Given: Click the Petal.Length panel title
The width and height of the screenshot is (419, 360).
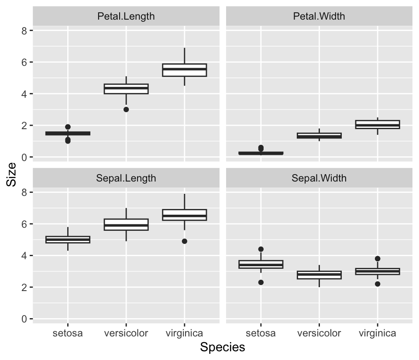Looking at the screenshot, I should click(126, 17).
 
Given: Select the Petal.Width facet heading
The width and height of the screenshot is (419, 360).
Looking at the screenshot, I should click(319, 17).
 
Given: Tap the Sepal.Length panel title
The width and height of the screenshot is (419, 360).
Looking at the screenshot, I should click(126, 178).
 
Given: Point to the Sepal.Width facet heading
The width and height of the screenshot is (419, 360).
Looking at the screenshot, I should click(319, 178).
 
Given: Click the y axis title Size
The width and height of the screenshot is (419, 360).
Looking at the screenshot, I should click(12, 175).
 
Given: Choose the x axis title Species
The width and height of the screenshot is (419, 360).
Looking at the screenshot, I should click(223, 347).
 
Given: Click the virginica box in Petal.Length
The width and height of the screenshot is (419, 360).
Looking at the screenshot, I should click(185, 70).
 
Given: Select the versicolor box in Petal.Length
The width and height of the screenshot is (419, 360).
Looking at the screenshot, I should click(126, 89).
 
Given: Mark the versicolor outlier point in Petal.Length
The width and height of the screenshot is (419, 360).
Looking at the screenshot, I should click(126, 110).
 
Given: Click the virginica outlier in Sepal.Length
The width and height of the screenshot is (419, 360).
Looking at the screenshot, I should click(185, 241).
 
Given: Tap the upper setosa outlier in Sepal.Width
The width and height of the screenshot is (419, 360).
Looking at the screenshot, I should click(261, 249).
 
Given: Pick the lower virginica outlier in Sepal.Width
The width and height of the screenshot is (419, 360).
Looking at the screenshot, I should click(378, 284).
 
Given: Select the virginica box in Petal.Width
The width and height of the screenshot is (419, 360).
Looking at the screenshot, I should click(378, 124).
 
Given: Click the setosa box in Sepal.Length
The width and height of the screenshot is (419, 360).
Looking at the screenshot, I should click(68, 240).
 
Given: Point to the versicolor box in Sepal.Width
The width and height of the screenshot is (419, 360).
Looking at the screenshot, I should click(319, 275).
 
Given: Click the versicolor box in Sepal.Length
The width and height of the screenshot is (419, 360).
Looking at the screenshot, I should click(126, 225).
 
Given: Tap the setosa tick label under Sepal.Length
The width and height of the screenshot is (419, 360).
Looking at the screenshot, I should click(68, 334).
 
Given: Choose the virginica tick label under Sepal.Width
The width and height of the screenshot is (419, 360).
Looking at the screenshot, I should click(378, 334).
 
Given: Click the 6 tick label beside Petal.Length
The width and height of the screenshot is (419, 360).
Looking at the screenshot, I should click(25, 62).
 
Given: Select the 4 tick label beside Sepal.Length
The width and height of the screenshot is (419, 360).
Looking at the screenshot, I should click(25, 256).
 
